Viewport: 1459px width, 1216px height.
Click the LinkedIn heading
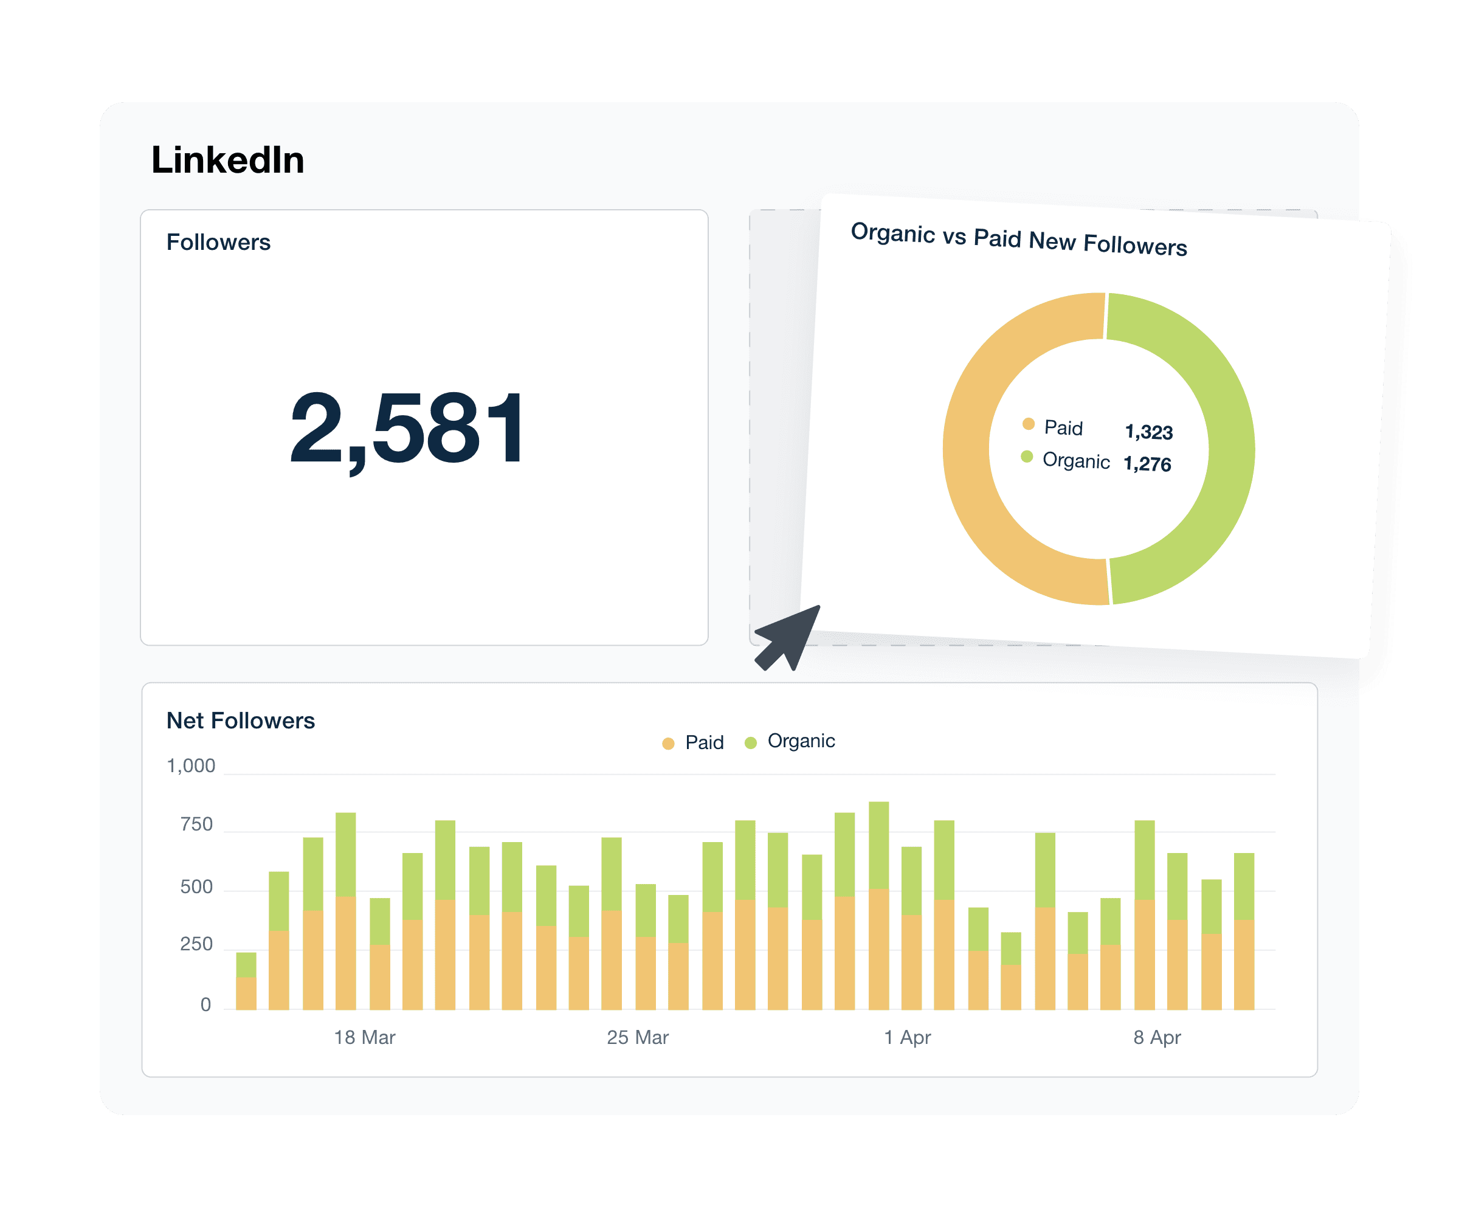pos(228,160)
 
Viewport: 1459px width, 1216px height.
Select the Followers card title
pos(218,242)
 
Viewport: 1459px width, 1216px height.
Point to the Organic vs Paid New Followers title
pos(1018,239)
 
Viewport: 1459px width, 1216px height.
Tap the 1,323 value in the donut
pos(1148,432)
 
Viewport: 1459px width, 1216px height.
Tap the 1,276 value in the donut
pos(1147,463)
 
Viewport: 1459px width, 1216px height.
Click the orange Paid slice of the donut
pos(973,486)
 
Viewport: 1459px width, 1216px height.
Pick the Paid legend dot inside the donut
pos(1028,424)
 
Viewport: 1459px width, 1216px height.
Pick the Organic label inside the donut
pos(1075,461)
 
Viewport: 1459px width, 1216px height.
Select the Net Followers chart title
pos(240,720)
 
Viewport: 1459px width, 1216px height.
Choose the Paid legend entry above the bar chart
pos(694,743)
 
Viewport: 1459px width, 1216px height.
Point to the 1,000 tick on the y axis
pos(191,765)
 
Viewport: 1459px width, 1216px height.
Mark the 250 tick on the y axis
pos(196,944)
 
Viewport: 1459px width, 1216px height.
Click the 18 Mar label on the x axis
pos(364,1037)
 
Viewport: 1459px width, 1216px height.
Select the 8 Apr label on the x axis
pos(1157,1037)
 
